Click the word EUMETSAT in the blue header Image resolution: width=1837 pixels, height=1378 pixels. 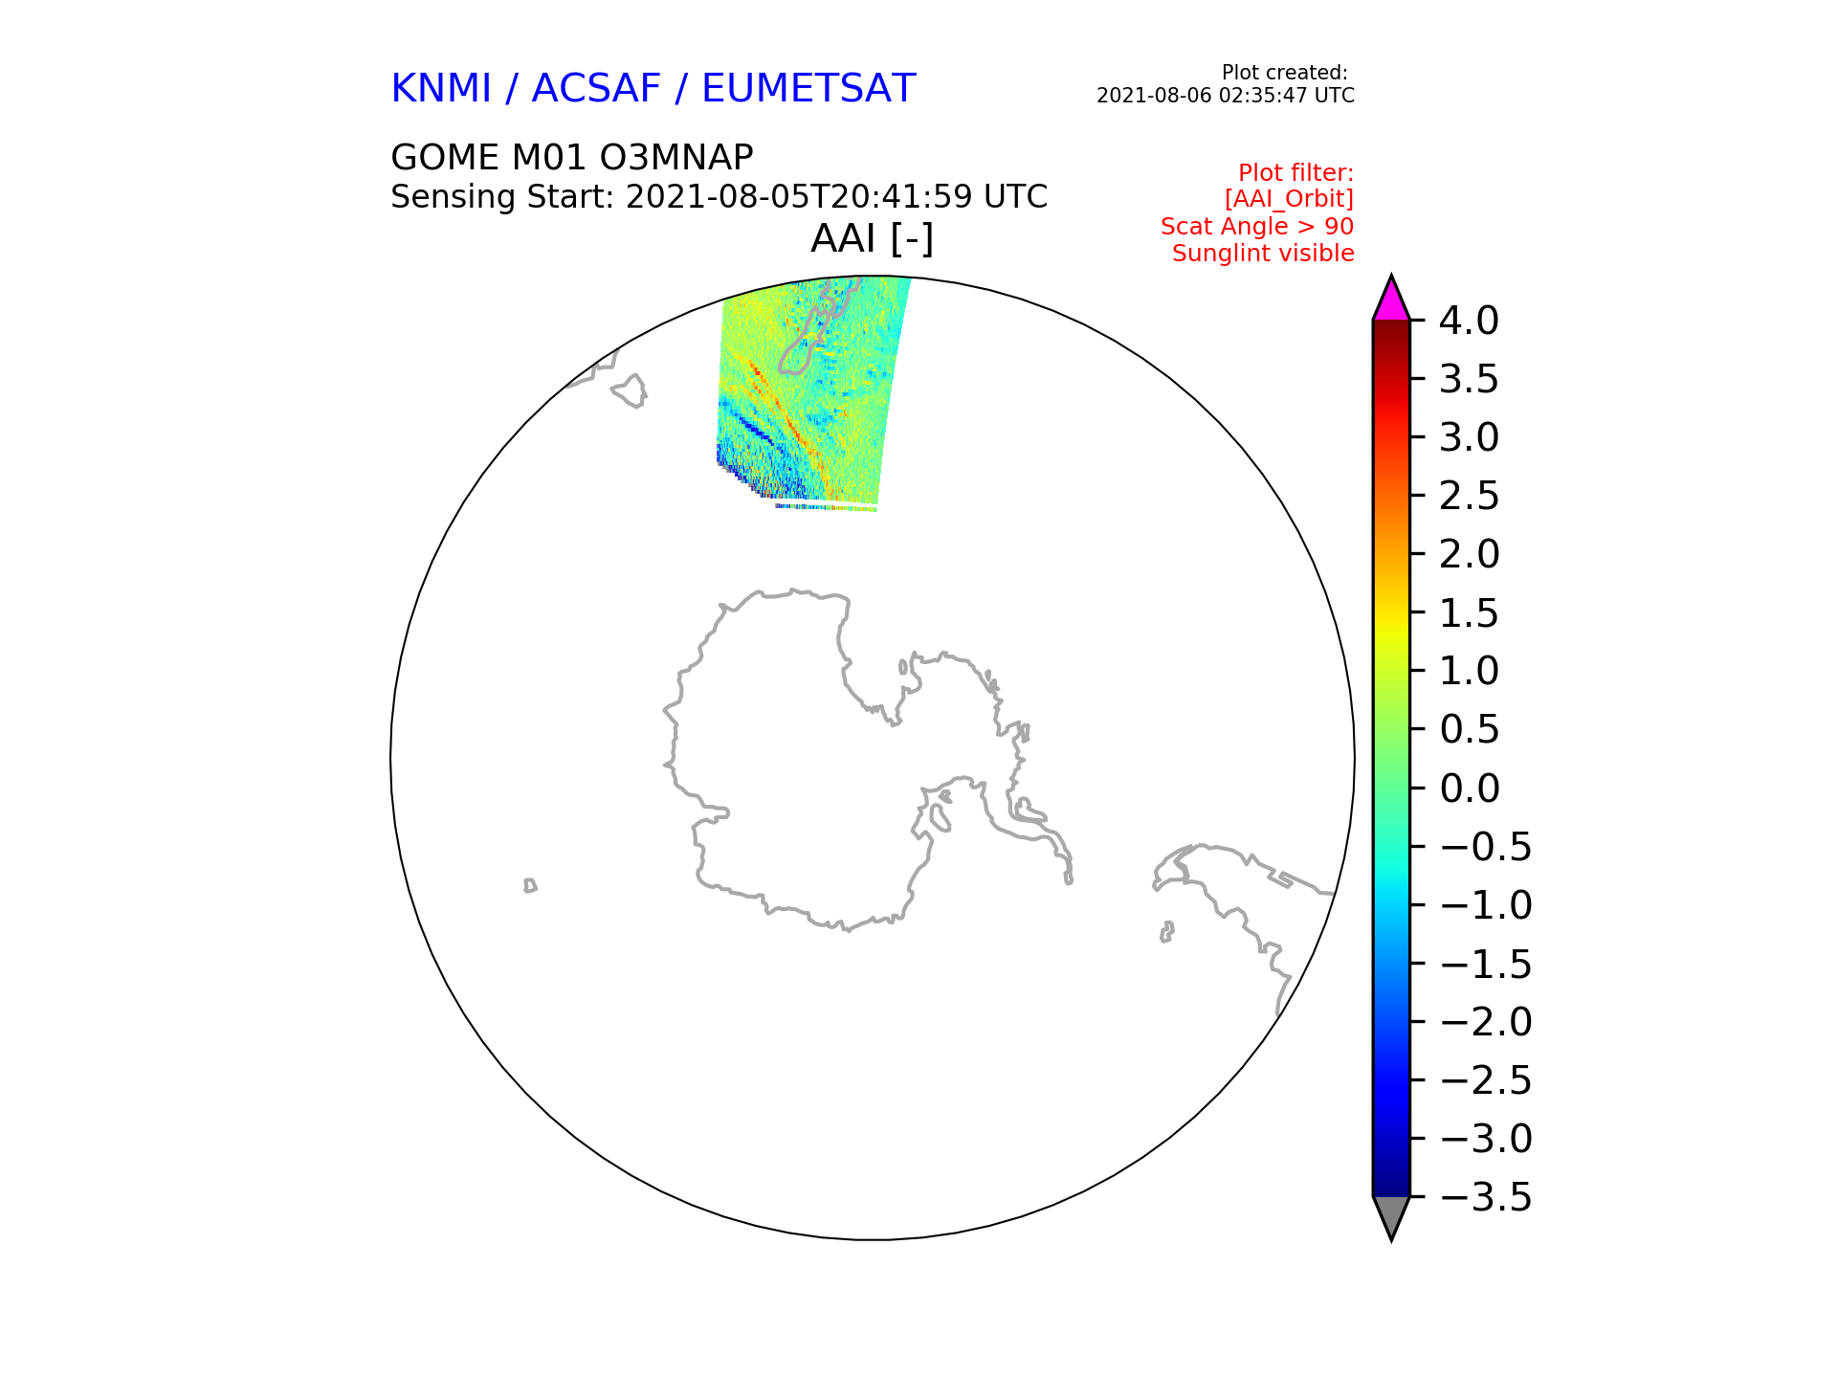tap(808, 88)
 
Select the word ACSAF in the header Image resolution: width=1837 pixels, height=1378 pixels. tap(596, 88)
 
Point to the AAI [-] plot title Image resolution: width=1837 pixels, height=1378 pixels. tap(872, 238)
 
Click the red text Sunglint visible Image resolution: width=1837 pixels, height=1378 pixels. tap(1263, 254)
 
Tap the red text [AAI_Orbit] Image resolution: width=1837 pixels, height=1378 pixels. tap(1289, 199)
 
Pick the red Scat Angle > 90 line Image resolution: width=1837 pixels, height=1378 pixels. tap(1257, 227)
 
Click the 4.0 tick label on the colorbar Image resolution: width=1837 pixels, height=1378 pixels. tap(1469, 321)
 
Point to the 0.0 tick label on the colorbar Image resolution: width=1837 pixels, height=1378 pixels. tap(1469, 789)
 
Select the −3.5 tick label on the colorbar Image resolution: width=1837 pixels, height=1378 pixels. tap(1486, 1197)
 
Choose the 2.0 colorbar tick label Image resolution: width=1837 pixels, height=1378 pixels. tap(1469, 554)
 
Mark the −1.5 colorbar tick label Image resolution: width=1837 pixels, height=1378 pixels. tap(1486, 964)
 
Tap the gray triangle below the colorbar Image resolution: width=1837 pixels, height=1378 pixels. tap(1391, 1215)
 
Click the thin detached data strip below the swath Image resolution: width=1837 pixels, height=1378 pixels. tap(826, 507)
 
